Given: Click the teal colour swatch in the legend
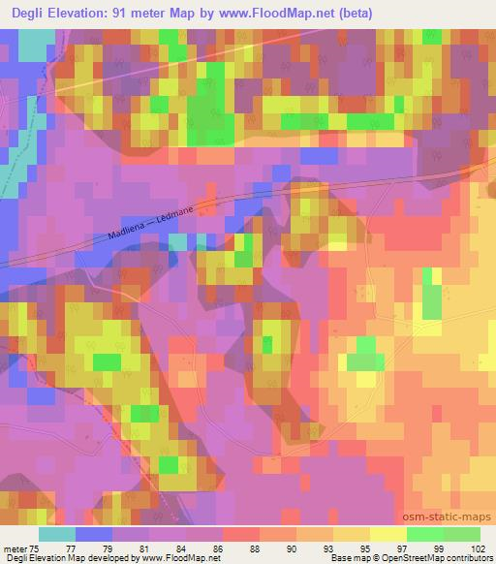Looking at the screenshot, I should (57, 534).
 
